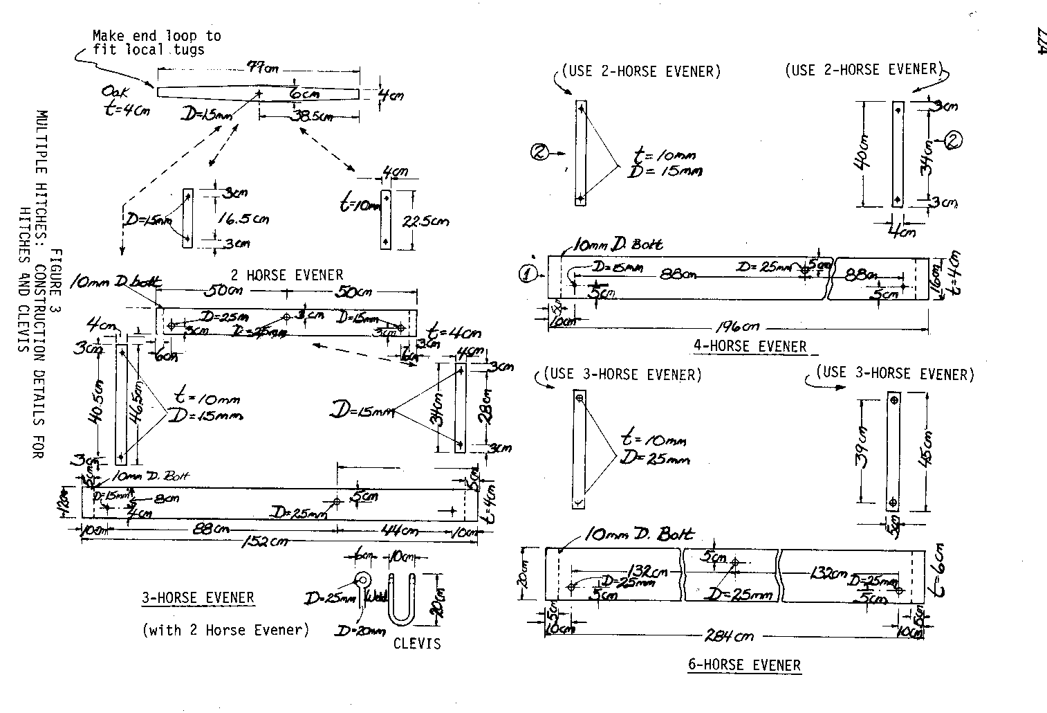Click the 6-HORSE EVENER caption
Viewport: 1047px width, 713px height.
click(744, 665)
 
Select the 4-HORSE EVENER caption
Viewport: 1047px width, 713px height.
click(750, 346)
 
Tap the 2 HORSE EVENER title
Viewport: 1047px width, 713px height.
click(286, 275)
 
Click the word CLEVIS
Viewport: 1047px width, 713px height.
click(416, 644)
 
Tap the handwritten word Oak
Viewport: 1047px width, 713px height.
click(113, 92)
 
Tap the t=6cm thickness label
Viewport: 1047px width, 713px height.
click(934, 571)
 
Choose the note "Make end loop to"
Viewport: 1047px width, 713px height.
click(157, 36)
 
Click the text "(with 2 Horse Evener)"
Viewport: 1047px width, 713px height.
click(225, 630)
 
